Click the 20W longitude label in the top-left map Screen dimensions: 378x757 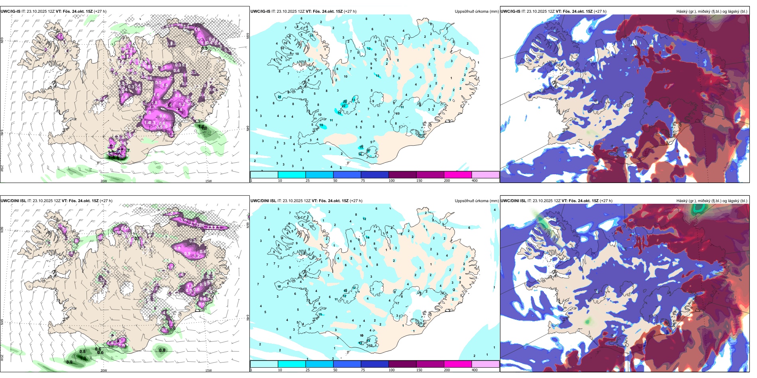point(104,181)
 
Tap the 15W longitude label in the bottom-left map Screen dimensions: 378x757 point(208,370)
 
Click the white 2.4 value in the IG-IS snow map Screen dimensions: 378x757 point(179,109)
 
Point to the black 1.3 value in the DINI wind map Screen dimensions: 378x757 point(83,358)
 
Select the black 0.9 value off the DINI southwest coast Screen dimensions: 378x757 point(69,362)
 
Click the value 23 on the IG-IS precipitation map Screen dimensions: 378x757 point(345,102)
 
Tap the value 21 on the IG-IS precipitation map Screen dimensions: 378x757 point(279,97)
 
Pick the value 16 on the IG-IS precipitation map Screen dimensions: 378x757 point(322,125)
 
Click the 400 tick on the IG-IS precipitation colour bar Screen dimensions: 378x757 point(475,181)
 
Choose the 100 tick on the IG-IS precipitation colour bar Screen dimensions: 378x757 point(392,181)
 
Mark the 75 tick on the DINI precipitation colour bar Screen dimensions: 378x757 point(363,370)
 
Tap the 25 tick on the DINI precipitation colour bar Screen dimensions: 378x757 point(308,370)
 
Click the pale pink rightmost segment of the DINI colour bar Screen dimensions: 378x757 point(485,364)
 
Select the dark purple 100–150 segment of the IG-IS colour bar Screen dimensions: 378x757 point(402,175)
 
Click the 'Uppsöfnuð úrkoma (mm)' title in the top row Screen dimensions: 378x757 point(477,12)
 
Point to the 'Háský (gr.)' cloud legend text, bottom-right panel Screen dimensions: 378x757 point(686,201)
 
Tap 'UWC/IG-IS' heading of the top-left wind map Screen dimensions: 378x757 point(10,12)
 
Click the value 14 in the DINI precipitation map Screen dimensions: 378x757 point(368,238)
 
